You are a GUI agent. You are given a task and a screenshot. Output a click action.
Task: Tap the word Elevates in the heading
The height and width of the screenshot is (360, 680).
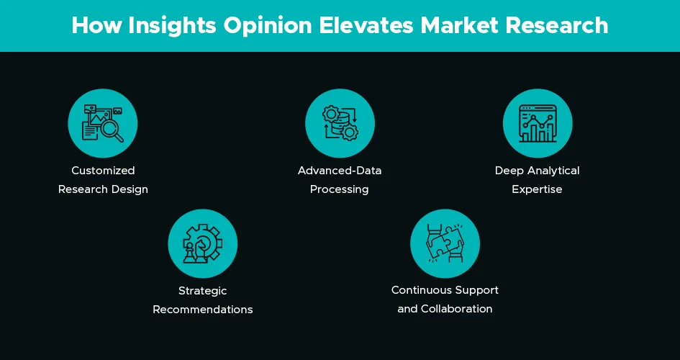pyautogui.click(x=362, y=25)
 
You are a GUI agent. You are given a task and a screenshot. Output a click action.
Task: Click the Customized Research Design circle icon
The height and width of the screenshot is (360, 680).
pyautogui.click(x=103, y=123)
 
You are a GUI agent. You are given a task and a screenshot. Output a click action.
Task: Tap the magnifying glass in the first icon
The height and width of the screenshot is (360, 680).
pyautogui.click(x=112, y=130)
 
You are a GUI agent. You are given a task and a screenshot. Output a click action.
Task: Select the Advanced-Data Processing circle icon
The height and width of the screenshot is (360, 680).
pyautogui.click(x=340, y=123)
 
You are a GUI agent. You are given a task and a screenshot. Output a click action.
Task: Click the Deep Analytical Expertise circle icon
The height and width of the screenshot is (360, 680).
pyautogui.click(x=537, y=123)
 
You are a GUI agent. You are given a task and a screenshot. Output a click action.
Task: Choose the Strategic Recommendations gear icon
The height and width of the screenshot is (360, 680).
pyautogui.click(x=202, y=243)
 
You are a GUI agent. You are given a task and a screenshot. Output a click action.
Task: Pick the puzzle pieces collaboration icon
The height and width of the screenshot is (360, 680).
pyautogui.click(x=445, y=243)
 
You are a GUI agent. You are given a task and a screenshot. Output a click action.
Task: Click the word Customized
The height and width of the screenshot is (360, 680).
pyautogui.click(x=103, y=171)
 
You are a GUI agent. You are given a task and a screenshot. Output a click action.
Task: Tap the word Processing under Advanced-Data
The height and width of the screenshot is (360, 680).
pyautogui.click(x=340, y=189)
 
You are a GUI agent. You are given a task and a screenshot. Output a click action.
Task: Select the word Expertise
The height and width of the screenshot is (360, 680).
pyautogui.click(x=537, y=189)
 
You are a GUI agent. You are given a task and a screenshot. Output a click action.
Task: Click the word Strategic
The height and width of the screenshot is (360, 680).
pyautogui.click(x=202, y=291)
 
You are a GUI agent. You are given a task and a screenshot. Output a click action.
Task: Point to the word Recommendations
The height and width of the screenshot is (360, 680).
pyautogui.click(x=202, y=310)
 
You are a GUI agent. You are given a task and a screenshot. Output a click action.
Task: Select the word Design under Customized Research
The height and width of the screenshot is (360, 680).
pyautogui.click(x=132, y=189)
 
